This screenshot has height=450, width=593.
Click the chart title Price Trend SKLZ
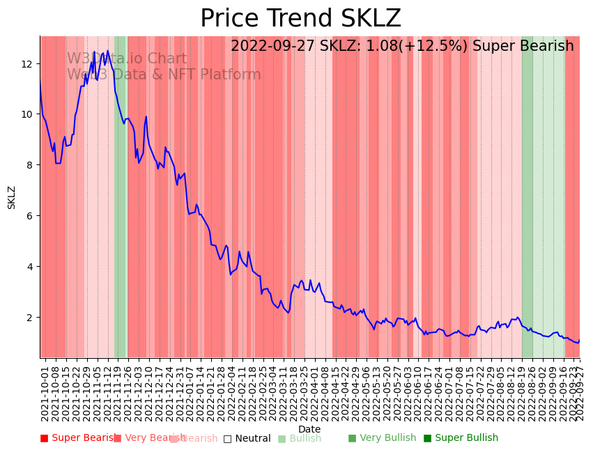click(300, 19)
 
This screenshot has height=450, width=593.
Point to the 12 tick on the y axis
click(28, 64)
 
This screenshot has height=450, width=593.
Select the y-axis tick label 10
click(28, 115)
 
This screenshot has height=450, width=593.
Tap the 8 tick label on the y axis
click(31, 166)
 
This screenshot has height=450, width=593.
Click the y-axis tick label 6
click(31, 216)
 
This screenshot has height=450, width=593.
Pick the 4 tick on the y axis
click(31, 267)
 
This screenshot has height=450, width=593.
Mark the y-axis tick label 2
click(31, 318)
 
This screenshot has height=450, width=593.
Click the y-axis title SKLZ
click(12, 197)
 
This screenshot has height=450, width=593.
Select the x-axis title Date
click(309, 430)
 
